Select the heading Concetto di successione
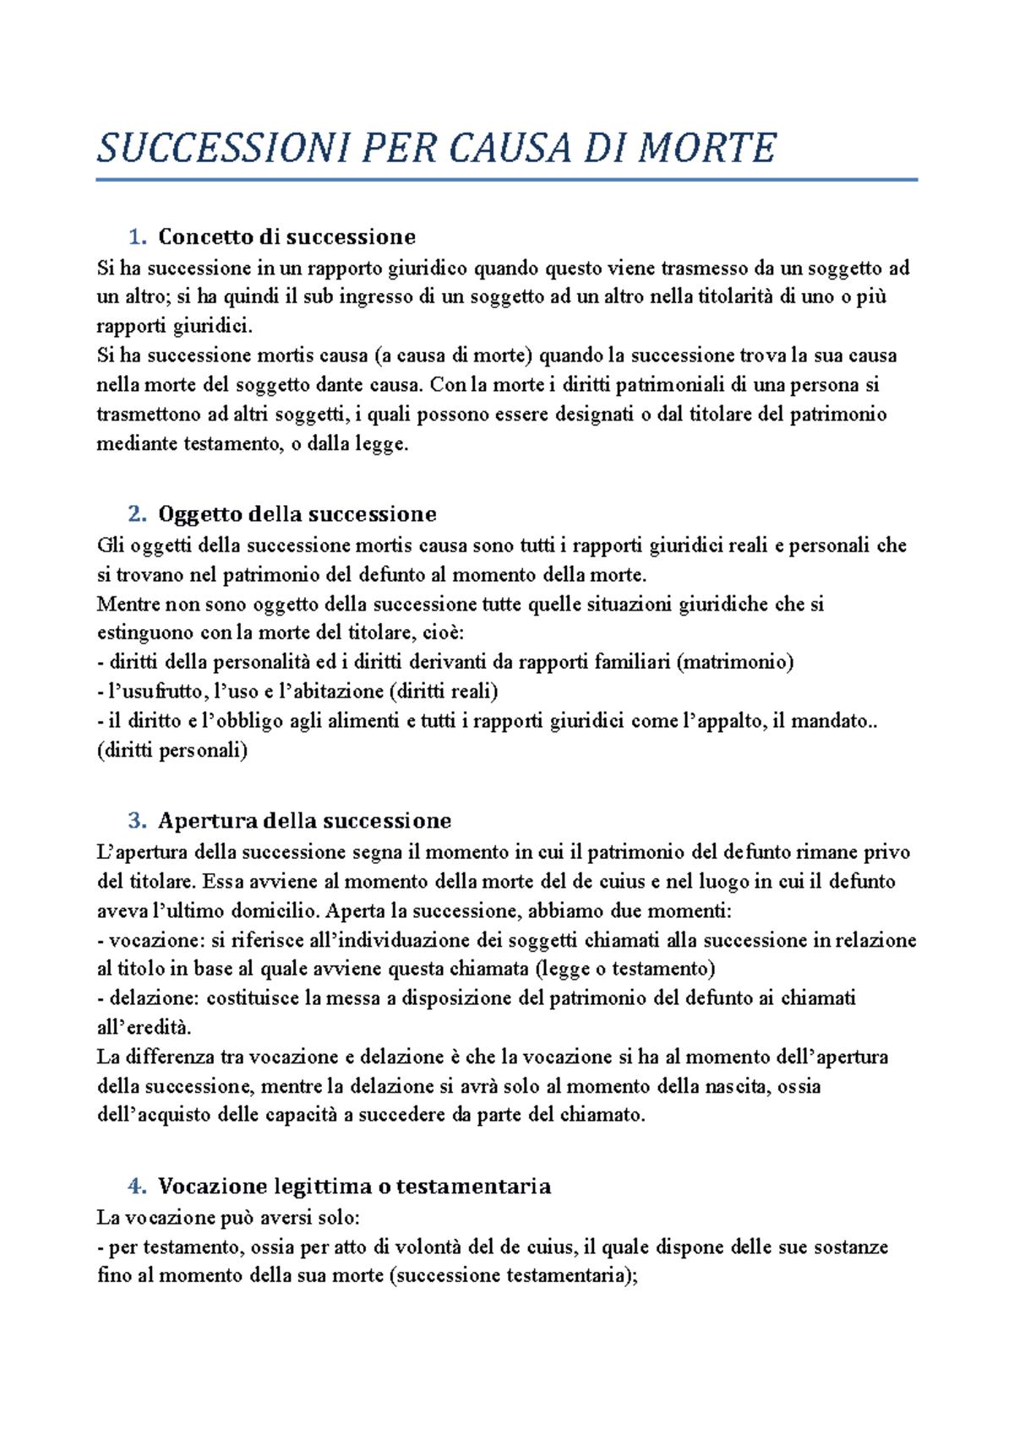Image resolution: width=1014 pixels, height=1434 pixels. tap(286, 236)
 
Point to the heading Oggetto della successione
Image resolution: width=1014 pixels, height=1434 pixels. tap(297, 514)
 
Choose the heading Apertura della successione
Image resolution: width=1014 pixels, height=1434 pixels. tap(304, 821)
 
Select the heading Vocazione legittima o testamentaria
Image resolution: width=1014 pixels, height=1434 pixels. tap(354, 1187)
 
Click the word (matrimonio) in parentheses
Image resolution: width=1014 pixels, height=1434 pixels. tap(735, 662)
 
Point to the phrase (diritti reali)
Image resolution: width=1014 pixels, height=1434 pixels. tap(444, 692)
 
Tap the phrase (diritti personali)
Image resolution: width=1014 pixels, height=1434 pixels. tap(172, 750)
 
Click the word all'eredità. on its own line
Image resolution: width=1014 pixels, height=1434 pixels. tap(144, 1028)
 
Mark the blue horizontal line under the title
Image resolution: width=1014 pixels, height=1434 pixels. tap(506, 180)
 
